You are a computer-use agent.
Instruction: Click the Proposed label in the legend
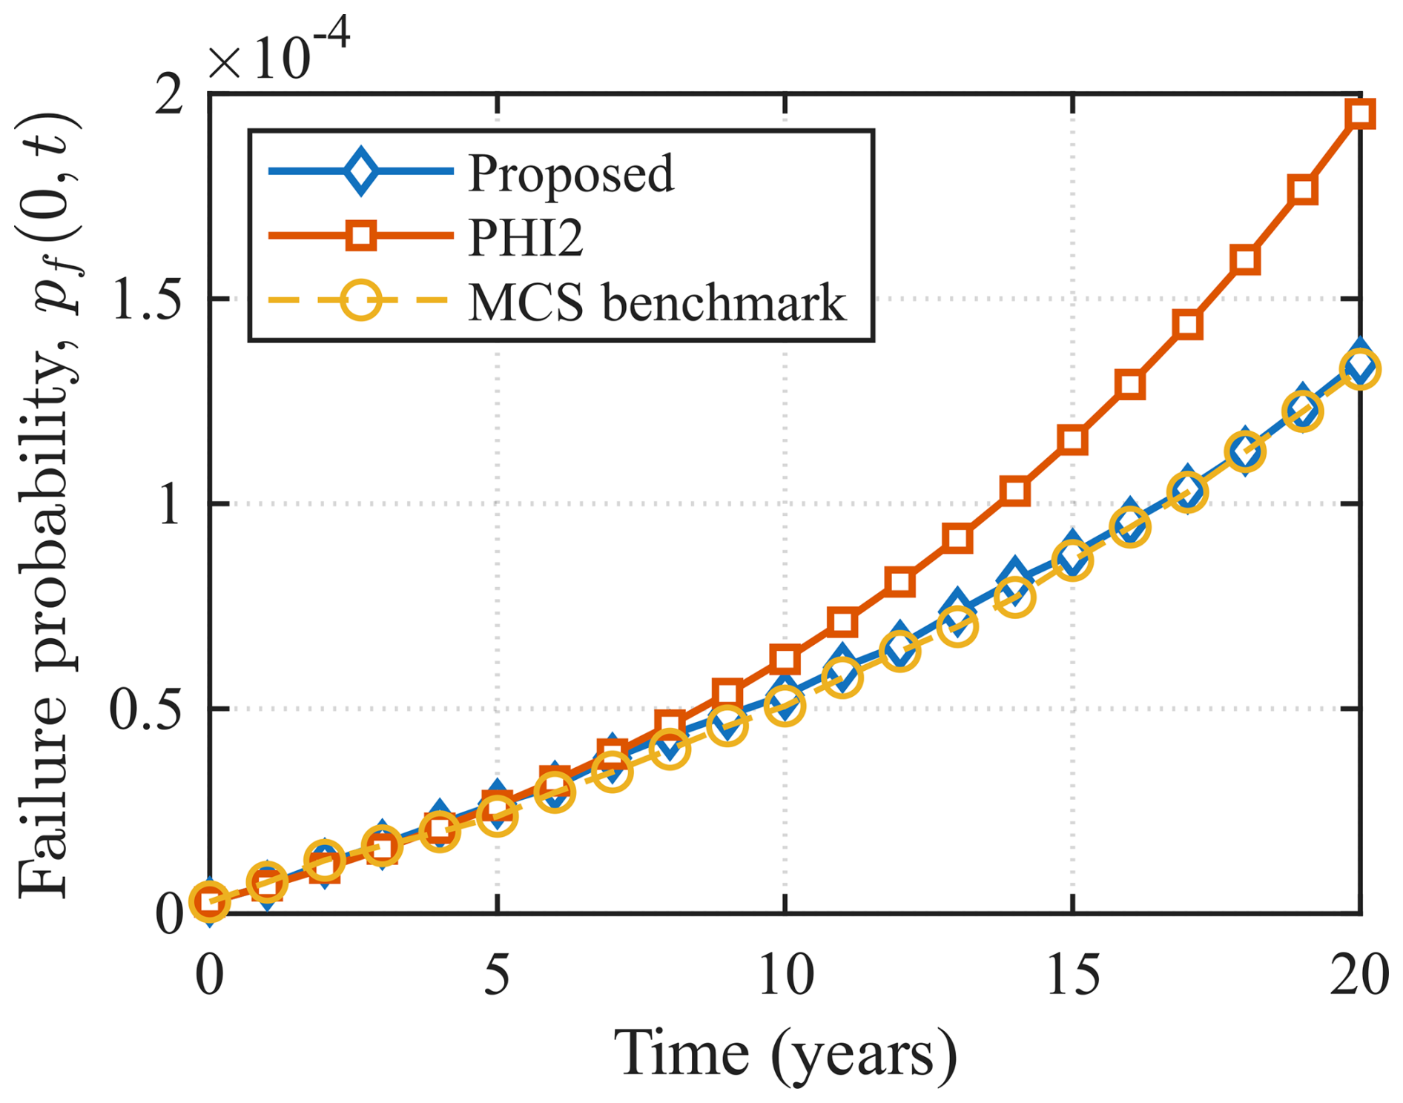(570, 173)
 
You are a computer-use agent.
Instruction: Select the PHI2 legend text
(525, 237)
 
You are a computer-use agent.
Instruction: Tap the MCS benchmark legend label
(656, 302)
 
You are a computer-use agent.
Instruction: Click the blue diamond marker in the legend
(361, 171)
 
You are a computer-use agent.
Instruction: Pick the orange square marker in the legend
(361, 236)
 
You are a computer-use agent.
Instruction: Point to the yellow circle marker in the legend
(361, 301)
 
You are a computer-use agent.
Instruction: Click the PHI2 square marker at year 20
(1361, 114)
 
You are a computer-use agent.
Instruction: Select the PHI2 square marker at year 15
(1073, 440)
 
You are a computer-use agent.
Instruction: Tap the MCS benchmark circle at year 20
(1361, 369)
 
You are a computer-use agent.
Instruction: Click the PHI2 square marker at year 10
(785, 658)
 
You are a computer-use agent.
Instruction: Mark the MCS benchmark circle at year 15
(1073, 560)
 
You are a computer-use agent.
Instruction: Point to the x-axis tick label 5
(497, 975)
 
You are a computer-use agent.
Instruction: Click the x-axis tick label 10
(785, 975)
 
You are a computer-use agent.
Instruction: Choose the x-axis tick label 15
(1073, 975)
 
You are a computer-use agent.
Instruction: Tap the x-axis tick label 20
(1359, 975)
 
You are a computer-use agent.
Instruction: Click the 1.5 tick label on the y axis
(147, 300)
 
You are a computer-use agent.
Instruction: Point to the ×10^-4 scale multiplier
(278, 53)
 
